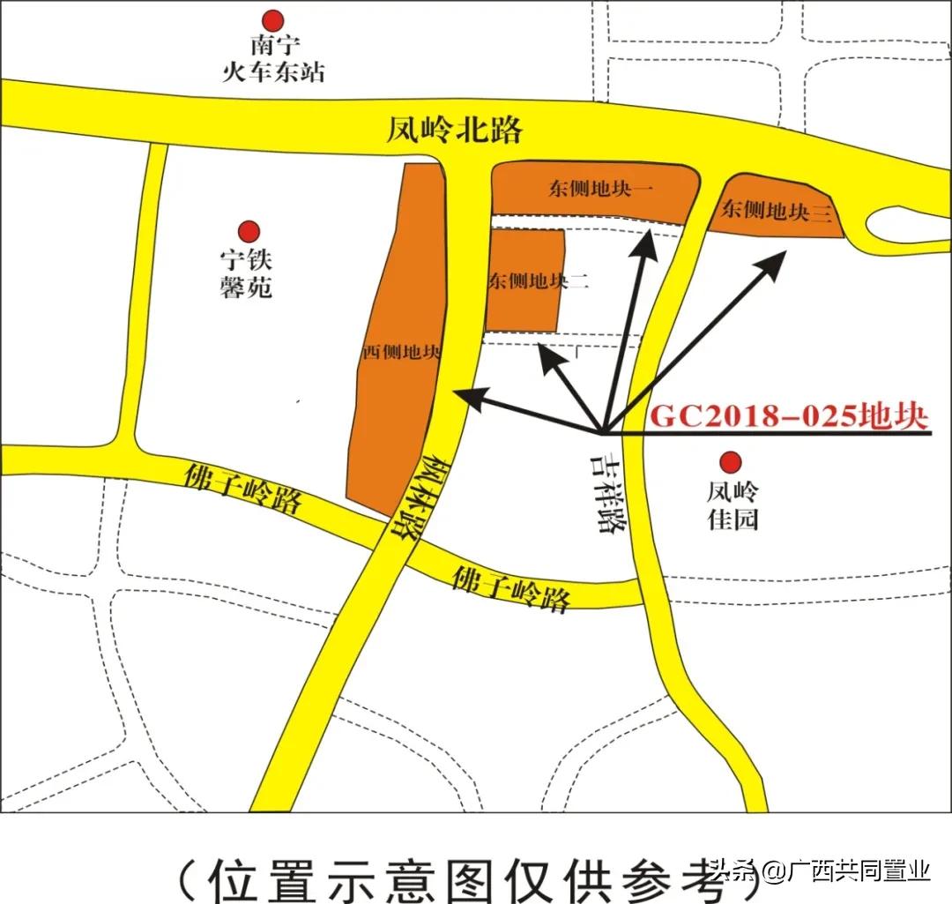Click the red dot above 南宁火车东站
275,19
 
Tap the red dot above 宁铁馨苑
250,231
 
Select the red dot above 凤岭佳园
730,462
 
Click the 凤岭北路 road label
454,131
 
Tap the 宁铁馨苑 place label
247,273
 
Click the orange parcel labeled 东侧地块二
524,280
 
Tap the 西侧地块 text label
402,352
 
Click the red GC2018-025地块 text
788,415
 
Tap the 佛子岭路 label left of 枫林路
243,489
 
